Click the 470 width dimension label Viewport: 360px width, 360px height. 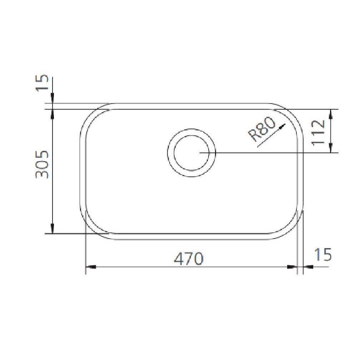point(189,259)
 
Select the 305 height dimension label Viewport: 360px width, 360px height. point(42,164)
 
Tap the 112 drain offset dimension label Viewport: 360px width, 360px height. point(318,132)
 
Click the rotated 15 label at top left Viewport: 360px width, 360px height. point(42,83)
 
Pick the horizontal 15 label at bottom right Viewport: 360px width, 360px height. point(322,254)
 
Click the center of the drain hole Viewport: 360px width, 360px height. point(191,153)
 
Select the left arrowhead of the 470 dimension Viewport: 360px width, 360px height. point(91,267)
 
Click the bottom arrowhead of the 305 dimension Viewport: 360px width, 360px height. point(52,229)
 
